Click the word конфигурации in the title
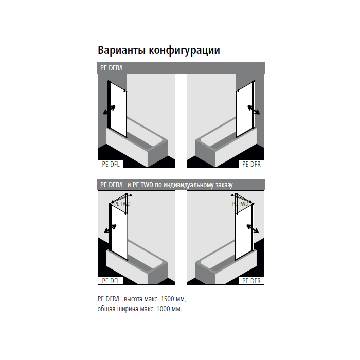pyautogui.click(x=184, y=50)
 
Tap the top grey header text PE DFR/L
pyautogui.click(x=112, y=68)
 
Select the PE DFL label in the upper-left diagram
pyautogui.click(x=111, y=164)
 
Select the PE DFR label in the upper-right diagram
pyautogui.click(x=251, y=164)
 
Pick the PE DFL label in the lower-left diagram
pyautogui.click(x=111, y=281)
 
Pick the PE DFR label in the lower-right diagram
pyautogui.click(x=251, y=281)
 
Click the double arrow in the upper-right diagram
pyautogui.click(x=254, y=110)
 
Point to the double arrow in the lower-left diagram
pyautogui.click(x=110, y=229)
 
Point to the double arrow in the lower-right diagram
pyautogui.click(x=253, y=229)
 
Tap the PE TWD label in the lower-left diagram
pyautogui.click(x=122, y=204)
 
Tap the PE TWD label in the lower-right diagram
pyautogui.click(x=240, y=204)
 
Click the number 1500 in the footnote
pyautogui.click(x=167, y=299)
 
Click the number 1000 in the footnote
pyautogui.click(x=163, y=309)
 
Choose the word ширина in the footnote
pyautogui.click(x=128, y=309)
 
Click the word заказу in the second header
pyautogui.click(x=224, y=185)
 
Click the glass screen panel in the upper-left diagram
pyautogui.click(x=118, y=110)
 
